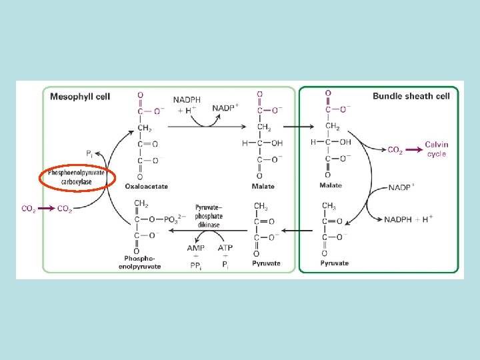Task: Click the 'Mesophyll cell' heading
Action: click(80, 96)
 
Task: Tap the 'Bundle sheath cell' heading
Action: click(411, 96)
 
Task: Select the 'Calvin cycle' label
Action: click(437, 149)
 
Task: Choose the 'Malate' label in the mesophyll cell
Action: click(263, 186)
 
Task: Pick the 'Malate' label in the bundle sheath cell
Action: click(331, 185)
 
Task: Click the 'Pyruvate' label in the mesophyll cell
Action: click(265, 263)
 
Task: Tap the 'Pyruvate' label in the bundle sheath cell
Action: click(334, 263)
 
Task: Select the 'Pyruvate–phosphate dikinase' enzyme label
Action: click(209, 215)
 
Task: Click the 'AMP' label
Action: click(196, 247)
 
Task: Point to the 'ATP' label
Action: click(225, 247)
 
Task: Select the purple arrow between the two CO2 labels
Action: click(47, 209)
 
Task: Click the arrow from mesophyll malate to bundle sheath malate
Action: click(301, 127)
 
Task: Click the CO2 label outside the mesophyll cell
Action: click(29, 209)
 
